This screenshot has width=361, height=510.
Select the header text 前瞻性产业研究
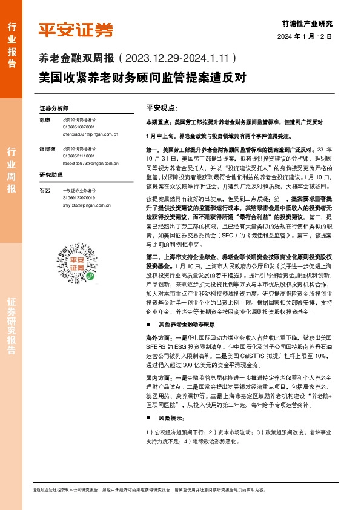pyautogui.click(x=308, y=24)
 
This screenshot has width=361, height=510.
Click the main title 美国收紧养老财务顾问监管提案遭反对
pyautogui.click(x=141, y=78)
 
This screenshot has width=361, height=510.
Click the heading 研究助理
pyautogui.click(x=51, y=175)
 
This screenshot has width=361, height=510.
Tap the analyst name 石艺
pyautogui.click(x=44, y=190)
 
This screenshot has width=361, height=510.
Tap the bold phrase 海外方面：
pyautogui.click(x=161, y=335)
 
